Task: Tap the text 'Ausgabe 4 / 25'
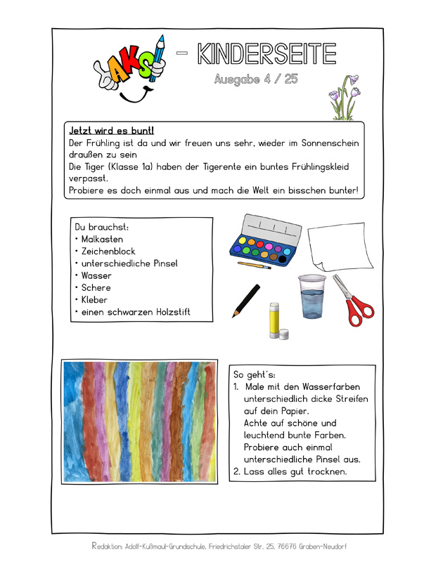click(x=256, y=79)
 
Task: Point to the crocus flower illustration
click(x=345, y=98)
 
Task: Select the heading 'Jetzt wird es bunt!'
click(x=113, y=131)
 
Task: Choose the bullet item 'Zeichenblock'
click(x=108, y=251)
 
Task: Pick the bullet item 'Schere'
click(x=96, y=287)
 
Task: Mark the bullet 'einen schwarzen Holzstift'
click(x=136, y=312)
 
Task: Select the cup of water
click(x=311, y=296)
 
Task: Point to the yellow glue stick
click(x=276, y=320)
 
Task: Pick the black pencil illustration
click(x=246, y=301)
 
